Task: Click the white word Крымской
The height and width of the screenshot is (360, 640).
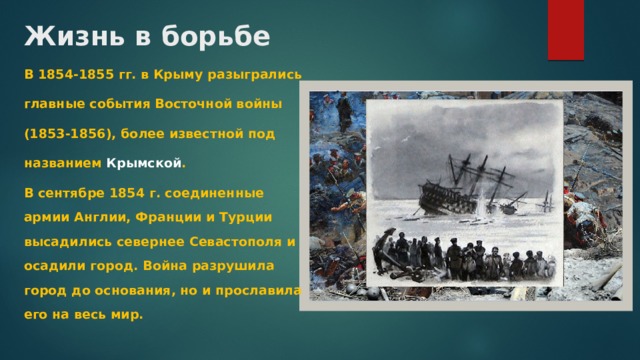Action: pos(144,162)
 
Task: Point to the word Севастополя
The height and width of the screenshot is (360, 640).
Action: pos(235,243)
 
